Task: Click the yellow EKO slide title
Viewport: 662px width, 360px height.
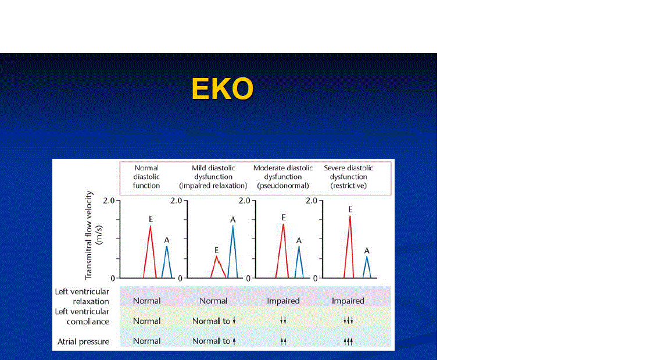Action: point(223,89)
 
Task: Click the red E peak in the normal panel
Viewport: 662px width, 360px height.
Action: point(150,252)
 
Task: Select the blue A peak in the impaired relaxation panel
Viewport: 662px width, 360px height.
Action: point(232,252)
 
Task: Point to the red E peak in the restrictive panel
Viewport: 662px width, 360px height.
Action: point(349,247)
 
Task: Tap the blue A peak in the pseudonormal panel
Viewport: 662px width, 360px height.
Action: point(299,262)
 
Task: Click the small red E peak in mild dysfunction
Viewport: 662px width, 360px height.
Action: point(218,267)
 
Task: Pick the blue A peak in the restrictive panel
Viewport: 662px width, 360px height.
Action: point(367,267)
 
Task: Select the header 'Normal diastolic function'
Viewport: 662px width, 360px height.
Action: point(146,177)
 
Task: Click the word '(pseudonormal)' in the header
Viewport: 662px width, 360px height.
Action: point(283,186)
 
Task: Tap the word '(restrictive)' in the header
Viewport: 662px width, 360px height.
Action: point(348,186)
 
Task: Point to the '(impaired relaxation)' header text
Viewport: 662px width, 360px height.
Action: point(213,186)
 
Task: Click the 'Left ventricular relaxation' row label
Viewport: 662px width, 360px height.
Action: point(82,296)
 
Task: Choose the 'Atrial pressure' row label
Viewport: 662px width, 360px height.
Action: point(83,341)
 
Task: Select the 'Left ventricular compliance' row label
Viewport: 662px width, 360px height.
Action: point(82,316)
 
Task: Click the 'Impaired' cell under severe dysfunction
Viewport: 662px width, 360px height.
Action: point(348,301)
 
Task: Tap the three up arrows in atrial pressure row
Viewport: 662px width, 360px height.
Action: point(348,341)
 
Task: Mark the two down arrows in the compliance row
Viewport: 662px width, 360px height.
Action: point(283,320)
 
